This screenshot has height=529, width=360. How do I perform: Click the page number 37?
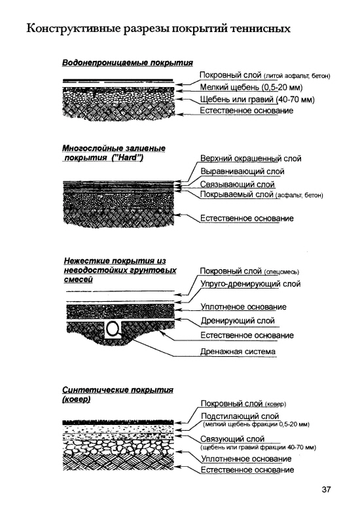pyautogui.click(x=326, y=490)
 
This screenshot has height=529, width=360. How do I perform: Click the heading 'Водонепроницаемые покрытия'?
pyautogui.click(x=128, y=63)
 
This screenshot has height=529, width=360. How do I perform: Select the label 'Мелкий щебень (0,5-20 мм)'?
pyautogui.click(x=251, y=88)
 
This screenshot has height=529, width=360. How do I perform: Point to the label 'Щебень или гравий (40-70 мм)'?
pyautogui.click(x=257, y=100)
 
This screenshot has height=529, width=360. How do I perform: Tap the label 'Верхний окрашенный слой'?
pyautogui.click(x=251, y=158)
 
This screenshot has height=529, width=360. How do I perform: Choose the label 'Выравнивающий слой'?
pyautogui.click(x=242, y=172)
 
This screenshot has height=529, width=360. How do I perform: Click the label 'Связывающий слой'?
pyautogui.click(x=238, y=185)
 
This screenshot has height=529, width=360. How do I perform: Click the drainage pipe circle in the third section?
pyautogui.click(x=113, y=328)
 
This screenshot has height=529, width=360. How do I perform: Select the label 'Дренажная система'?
pyautogui.click(x=238, y=352)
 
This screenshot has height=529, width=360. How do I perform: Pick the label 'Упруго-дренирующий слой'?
pyautogui.click(x=250, y=284)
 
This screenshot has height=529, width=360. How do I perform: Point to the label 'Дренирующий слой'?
pyautogui.click(x=238, y=321)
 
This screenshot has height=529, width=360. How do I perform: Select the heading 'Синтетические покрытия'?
pyautogui.click(x=118, y=390)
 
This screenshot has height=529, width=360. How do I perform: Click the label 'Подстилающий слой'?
pyautogui.click(x=240, y=416)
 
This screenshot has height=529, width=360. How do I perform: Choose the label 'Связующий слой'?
pyautogui.click(x=232, y=439)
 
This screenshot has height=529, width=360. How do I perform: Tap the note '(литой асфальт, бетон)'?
pyautogui.click(x=297, y=76)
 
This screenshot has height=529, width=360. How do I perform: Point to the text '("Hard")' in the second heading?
pyautogui.click(x=127, y=158)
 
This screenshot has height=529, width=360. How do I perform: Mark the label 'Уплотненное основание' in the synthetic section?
pyautogui.click(x=246, y=459)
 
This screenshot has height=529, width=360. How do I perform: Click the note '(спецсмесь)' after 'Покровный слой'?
pyautogui.click(x=281, y=272)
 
